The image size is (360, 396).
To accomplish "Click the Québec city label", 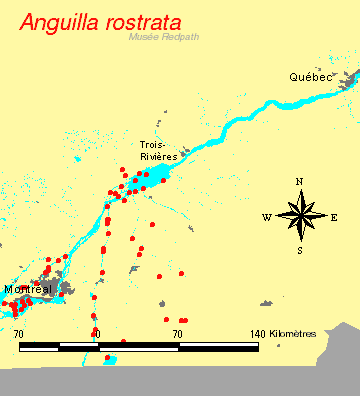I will click(310, 77).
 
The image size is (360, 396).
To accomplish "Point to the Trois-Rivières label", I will click(158, 150).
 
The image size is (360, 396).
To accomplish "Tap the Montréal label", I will click(27, 289).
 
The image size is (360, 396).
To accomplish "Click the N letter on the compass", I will click(299, 181).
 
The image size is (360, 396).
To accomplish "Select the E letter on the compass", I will click(334, 216).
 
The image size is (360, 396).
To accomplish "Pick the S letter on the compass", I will click(299, 250).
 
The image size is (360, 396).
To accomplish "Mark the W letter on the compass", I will click(266, 216).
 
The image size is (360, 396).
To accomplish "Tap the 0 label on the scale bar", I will click(97, 333).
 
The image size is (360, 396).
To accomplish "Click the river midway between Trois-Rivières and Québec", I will click(240, 121).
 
